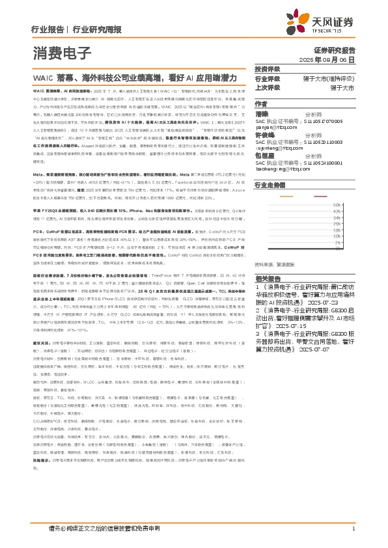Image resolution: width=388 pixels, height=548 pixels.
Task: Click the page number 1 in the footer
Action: click(352, 528)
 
